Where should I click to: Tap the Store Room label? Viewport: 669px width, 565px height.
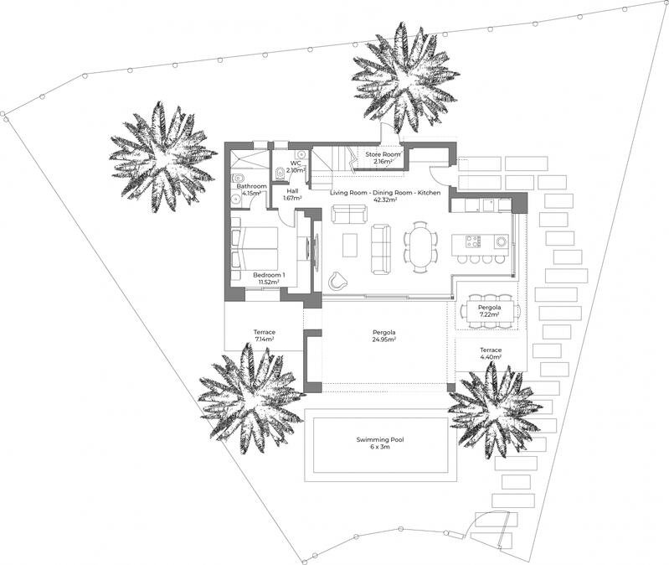(x=383, y=155)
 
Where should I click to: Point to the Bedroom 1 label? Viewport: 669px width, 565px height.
(x=269, y=275)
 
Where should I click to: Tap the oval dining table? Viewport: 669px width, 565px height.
(x=419, y=247)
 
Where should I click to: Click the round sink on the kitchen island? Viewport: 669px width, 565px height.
(x=500, y=242)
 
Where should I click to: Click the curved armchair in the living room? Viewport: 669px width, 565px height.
(x=338, y=280)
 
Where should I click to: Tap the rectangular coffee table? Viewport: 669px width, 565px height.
(x=350, y=245)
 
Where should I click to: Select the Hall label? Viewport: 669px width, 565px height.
(x=292, y=191)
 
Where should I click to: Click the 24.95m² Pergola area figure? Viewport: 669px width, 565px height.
(x=383, y=340)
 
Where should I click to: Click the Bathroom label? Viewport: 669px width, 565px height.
(x=251, y=186)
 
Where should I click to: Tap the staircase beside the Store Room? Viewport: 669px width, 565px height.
(x=332, y=159)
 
